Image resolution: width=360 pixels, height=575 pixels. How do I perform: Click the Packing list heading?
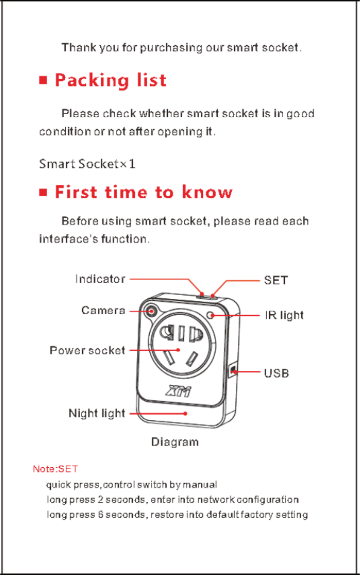[x=111, y=81]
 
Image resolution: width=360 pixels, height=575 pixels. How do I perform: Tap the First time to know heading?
[x=144, y=192]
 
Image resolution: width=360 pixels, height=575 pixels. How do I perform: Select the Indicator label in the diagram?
[x=100, y=279]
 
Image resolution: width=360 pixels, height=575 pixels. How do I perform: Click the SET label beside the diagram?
[x=276, y=280]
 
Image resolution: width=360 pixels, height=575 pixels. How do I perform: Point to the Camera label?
[x=103, y=310]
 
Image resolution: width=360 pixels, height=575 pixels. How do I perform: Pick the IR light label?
[x=284, y=316]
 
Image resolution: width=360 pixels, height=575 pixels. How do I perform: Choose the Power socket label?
[x=87, y=350]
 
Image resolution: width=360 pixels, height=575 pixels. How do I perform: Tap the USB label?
[x=277, y=373]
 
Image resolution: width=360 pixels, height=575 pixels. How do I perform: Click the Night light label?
[x=97, y=413]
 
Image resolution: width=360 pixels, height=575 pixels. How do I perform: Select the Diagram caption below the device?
[x=175, y=442]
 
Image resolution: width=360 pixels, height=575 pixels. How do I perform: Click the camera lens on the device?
[x=151, y=310]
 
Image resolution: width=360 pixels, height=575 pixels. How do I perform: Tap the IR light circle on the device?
[x=212, y=315]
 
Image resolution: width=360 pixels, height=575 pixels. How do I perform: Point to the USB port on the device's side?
[x=233, y=371]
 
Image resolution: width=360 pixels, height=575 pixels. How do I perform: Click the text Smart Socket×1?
[x=87, y=164]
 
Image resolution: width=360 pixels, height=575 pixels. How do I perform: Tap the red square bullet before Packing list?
[x=43, y=81]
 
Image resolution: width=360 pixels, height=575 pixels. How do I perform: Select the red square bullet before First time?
[x=43, y=192]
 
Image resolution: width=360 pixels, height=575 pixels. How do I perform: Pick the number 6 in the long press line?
[x=101, y=515]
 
